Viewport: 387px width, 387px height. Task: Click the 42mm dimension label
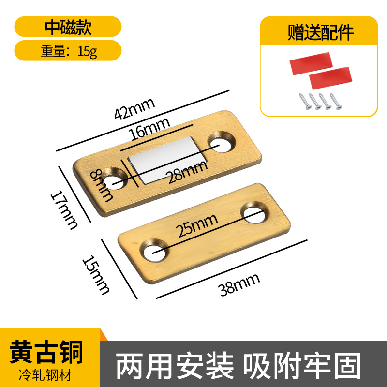[x=134, y=108]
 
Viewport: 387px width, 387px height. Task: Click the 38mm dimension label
[x=239, y=283]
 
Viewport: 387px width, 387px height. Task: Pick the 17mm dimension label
[x=65, y=208]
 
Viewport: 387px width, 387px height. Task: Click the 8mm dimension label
[x=103, y=184]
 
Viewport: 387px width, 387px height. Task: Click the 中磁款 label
[x=68, y=27]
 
